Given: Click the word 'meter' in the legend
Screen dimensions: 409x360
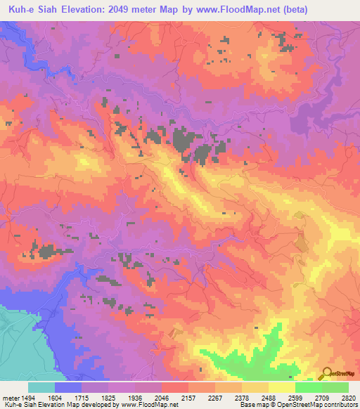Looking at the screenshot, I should [x=10, y=398].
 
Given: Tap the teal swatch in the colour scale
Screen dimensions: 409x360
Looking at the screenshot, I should [x=41, y=387].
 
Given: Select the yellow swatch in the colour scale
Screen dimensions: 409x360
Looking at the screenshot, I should [x=281, y=387].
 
